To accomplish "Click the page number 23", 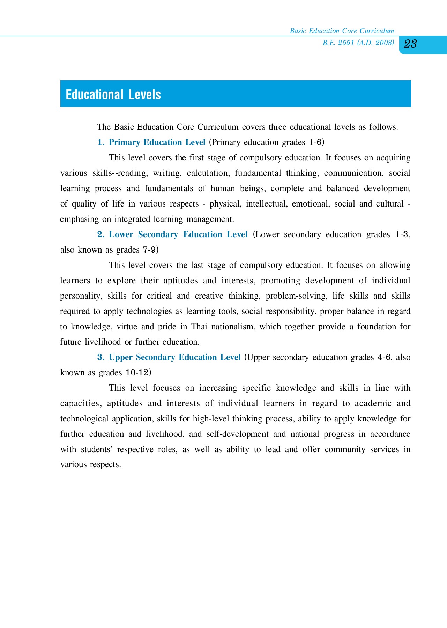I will point(410,44).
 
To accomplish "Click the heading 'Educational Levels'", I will point(113,95).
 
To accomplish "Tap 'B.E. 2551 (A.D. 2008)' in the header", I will point(358,43).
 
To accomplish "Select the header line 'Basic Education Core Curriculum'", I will point(342,31).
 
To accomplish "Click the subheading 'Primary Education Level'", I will point(157,142).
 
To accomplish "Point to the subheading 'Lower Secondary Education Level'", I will point(178,234).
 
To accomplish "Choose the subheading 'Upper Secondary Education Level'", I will point(175,357).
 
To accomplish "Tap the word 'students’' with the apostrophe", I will point(97,449).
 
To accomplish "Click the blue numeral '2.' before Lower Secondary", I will point(101,234).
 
